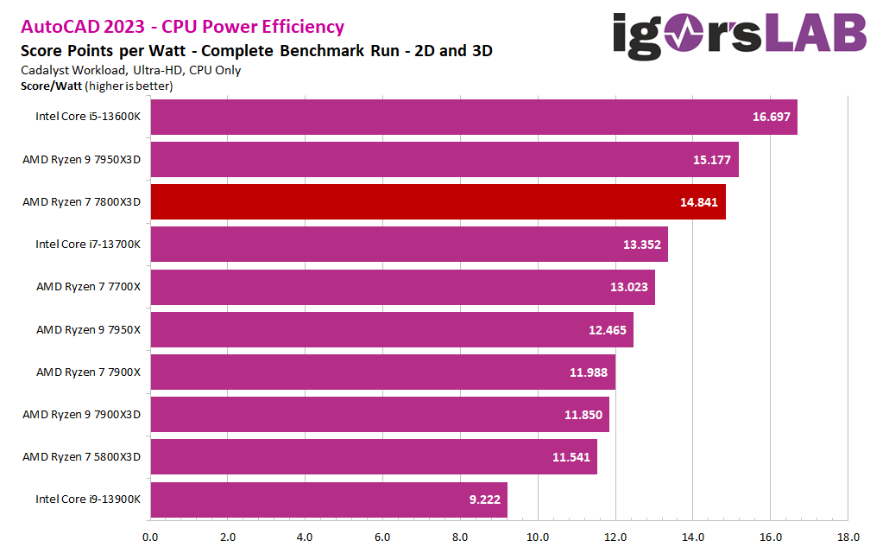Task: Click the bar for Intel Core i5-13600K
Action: point(473,117)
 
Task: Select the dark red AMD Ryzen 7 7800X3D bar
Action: point(438,201)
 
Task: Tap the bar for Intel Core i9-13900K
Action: point(329,500)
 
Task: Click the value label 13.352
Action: point(641,245)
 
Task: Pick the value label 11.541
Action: point(571,457)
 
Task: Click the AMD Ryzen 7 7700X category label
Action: point(87,287)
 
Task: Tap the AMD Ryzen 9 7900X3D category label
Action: point(81,414)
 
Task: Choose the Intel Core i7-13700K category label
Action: point(87,245)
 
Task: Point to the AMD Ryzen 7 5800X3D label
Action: point(81,457)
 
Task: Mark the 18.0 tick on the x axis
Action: point(848,538)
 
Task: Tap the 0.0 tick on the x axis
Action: point(150,538)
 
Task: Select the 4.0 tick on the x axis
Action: point(305,538)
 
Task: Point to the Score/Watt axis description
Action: point(96,86)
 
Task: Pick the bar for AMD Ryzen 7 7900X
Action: point(382,372)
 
